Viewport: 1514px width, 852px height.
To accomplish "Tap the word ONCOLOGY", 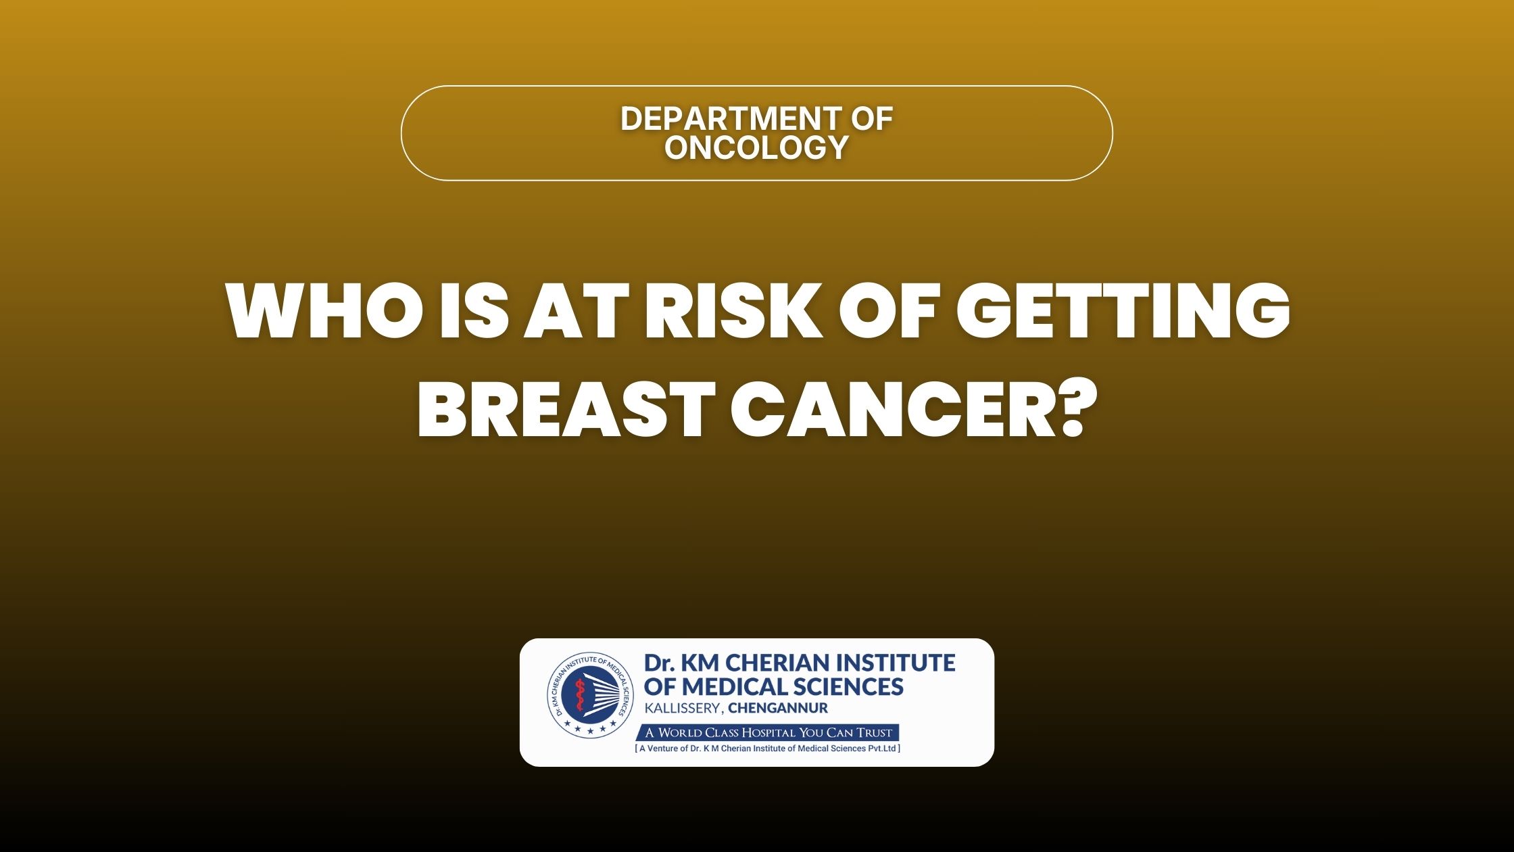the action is [x=756, y=147].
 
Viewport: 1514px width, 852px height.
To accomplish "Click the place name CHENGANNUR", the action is [x=778, y=709].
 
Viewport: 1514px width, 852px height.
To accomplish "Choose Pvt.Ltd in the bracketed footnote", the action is [x=882, y=749].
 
